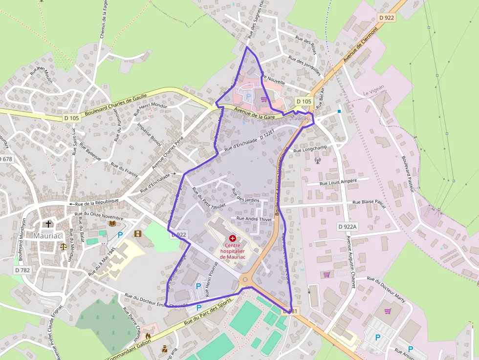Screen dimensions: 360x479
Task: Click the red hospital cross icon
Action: click(x=232, y=237)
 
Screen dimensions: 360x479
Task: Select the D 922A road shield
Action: click(x=348, y=227)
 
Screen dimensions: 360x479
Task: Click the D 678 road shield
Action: click(x=6, y=159)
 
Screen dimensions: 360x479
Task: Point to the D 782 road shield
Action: click(x=22, y=270)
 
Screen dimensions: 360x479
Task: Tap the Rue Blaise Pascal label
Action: click(x=369, y=204)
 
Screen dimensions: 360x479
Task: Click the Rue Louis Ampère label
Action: click(x=338, y=181)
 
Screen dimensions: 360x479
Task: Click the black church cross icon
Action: click(x=48, y=224)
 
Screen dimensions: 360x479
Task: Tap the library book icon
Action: click(x=112, y=223)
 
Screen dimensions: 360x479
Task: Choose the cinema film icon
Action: click(x=137, y=234)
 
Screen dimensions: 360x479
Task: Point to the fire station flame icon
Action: click(x=148, y=336)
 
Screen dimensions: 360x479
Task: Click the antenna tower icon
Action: click(x=317, y=159)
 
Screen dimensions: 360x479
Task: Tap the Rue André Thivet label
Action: click(x=253, y=219)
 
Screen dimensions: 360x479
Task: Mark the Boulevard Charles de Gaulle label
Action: click(x=116, y=105)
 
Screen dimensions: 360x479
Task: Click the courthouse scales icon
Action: click(x=63, y=246)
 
